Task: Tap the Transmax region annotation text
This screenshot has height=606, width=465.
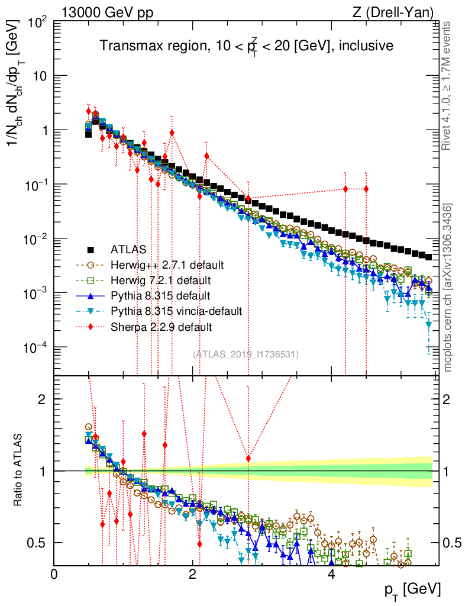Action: click(246, 46)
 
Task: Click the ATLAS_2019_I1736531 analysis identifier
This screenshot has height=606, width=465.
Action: click(246, 354)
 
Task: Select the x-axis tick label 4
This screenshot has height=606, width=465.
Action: click(331, 575)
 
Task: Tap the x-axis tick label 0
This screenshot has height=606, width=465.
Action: click(54, 575)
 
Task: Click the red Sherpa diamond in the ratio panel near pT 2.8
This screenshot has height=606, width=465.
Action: click(248, 458)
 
